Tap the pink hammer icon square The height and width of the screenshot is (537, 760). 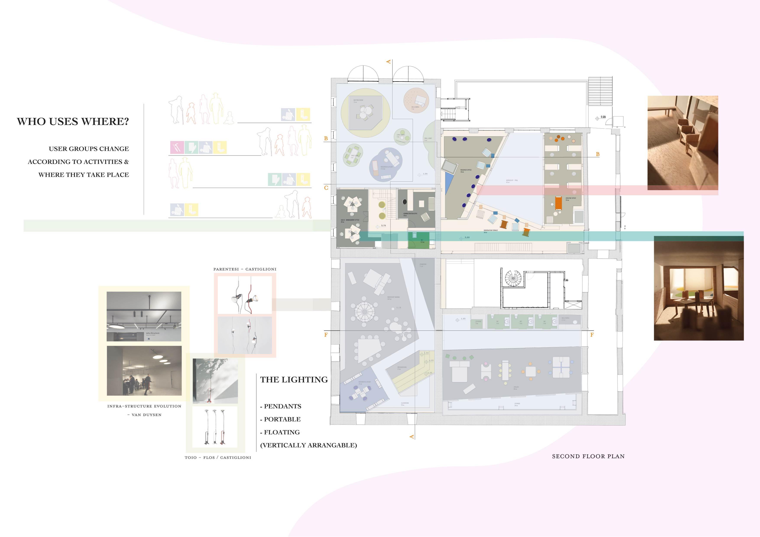(x=177, y=147)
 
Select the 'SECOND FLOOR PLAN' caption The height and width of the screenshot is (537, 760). (x=588, y=456)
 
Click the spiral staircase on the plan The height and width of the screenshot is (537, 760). (x=513, y=279)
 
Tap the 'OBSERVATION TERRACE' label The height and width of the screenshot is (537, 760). (x=491, y=231)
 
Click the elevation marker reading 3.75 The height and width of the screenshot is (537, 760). (x=383, y=226)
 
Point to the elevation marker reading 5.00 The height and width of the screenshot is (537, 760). (x=467, y=238)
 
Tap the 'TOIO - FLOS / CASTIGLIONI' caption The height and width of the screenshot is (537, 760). (x=218, y=458)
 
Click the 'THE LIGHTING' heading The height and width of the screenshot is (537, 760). (x=294, y=380)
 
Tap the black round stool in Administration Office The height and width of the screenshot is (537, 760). (x=405, y=202)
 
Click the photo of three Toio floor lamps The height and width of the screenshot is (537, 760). (x=215, y=427)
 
